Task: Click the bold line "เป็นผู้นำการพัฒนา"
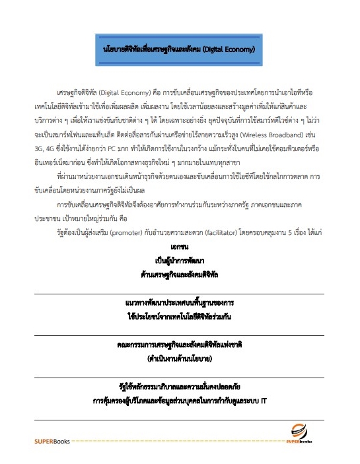point(180,259)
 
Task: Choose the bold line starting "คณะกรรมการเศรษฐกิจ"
point(180,344)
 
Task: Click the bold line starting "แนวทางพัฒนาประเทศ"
point(180,301)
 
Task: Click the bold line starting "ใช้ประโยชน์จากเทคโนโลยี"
point(180,315)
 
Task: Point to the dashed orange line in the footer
point(178,439)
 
